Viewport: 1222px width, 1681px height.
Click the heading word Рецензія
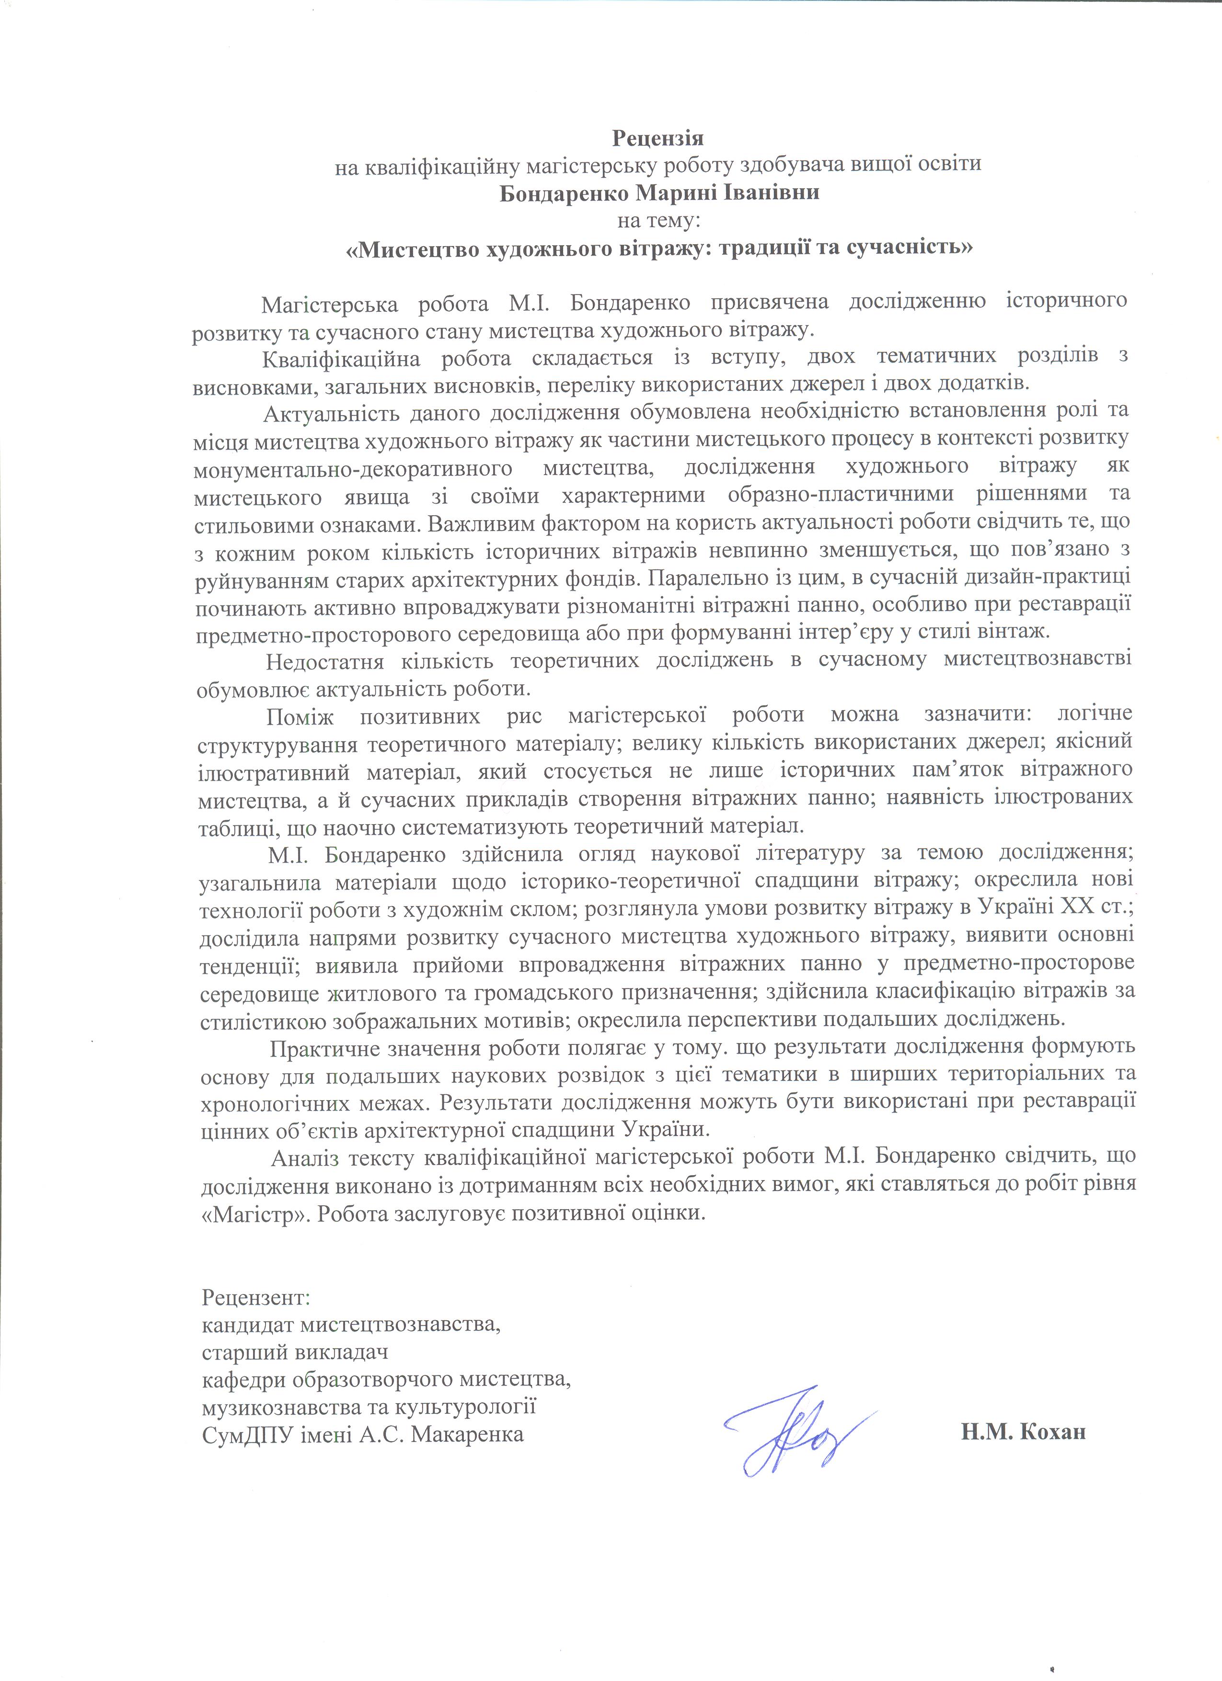pos(657,138)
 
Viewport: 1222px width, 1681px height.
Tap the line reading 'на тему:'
pos(657,220)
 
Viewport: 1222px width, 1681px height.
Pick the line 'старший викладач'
pos(295,1352)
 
